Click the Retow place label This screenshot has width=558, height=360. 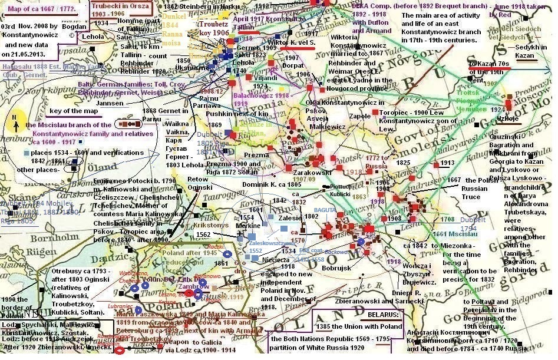coord(199,179)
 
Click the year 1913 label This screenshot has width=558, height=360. coord(447,163)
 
